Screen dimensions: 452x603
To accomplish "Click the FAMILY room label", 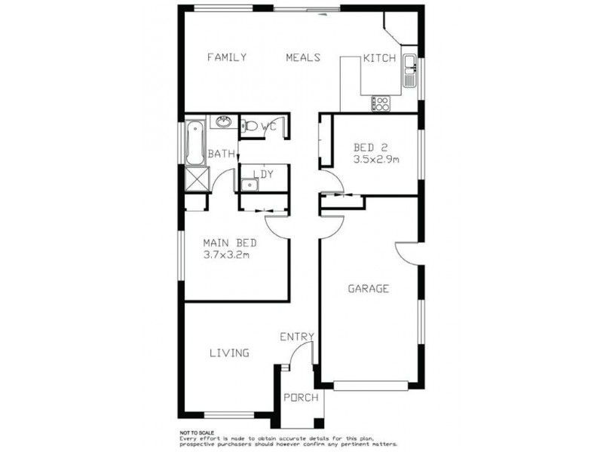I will click(x=227, y=58).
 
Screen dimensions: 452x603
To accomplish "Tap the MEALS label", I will click(x=303, y=58).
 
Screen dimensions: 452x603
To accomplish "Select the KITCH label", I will click(x=379, y=59).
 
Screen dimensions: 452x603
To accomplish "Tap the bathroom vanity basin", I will click(x=224, y=122).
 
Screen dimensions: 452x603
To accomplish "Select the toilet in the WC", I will click(x=252, y=127).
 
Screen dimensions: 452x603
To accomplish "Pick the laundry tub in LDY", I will click(x=248, y=182).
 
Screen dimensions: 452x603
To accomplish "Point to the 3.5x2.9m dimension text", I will click(x=375, y=160).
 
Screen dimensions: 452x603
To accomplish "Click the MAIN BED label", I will click(x=231, y=243).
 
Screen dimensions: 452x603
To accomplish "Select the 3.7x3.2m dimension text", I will click(x=227, y=255).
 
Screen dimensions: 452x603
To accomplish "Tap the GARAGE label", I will click(x=368, y=289).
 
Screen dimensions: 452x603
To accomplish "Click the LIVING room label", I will click(x=229, y=353).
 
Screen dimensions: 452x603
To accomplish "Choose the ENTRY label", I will click(x=296, y=337).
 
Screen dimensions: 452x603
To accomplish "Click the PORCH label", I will click(x=301, y=398).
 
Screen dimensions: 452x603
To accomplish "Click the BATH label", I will click(x=221, y=154).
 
